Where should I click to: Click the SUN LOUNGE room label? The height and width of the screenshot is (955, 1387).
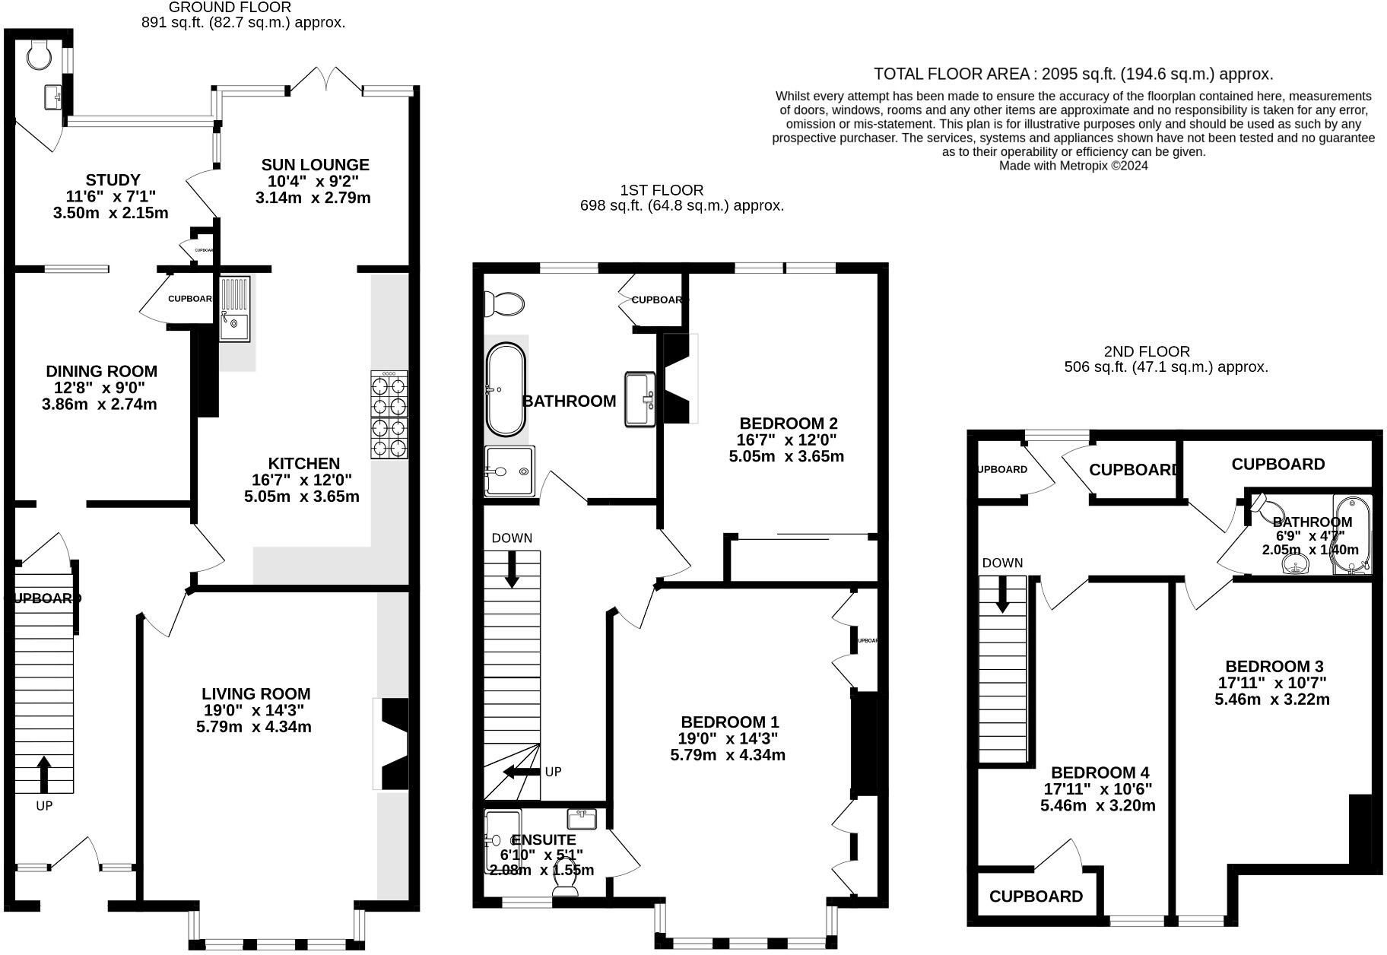[315, 165]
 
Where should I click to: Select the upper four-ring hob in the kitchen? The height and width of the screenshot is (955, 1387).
[389, 395]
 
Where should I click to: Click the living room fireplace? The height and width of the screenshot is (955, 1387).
[393, 744]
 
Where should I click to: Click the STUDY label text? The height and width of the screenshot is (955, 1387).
[113, 180]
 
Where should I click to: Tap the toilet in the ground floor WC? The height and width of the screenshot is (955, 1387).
[39, 52]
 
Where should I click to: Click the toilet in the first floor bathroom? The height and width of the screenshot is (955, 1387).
[505, 304]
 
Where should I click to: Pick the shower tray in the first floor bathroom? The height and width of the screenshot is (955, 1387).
[509, 471]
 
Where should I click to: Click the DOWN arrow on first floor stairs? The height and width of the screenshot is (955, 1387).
[512, 569]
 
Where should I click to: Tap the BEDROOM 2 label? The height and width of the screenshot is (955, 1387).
[789, 424]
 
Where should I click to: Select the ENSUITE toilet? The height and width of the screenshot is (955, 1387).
[566, 887]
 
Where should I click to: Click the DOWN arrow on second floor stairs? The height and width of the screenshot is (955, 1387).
[1002, 595]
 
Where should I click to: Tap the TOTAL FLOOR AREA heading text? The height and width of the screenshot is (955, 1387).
[1073, 74]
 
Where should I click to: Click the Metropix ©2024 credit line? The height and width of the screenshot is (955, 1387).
[1073, 166]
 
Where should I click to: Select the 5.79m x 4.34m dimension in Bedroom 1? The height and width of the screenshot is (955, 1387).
[727, 756]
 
